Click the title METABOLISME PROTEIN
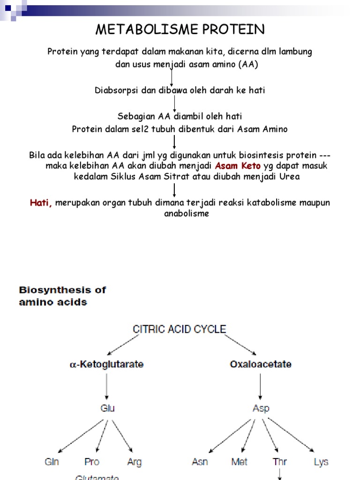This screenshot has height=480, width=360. [180, 30]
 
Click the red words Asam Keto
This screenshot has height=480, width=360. [238, 166]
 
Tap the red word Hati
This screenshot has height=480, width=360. [41, 203]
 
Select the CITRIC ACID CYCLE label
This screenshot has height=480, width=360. [180, 330]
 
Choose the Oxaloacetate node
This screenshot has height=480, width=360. [261, 364]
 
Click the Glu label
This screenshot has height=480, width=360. [107, 408]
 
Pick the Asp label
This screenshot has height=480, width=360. [261, 408]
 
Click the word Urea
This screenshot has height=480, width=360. [290, 177]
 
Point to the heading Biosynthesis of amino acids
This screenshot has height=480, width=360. [62, 296]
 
